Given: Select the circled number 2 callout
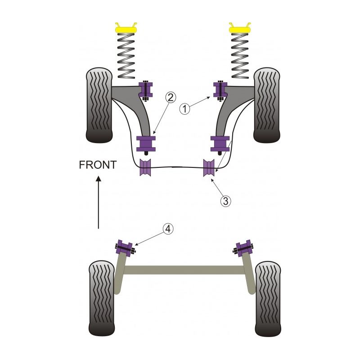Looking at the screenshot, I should [170, 96].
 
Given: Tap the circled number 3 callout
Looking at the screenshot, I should [226, 200].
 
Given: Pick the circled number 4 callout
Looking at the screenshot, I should [167, 229].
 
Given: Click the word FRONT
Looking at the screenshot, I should [98, 165].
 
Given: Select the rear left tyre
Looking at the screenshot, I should [103, 297].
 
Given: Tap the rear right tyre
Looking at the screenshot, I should [269, 297].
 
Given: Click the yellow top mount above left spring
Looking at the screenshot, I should [126, 28].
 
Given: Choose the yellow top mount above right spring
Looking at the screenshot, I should [240, 28].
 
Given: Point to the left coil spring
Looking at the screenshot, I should [126, 56].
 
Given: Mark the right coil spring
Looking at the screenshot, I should [240, 56].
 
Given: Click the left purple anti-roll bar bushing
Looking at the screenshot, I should [145, 168].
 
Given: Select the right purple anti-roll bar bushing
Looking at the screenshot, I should [209, 168].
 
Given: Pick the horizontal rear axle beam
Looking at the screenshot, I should [184, 270].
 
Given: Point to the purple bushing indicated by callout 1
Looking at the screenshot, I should [221, 90].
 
